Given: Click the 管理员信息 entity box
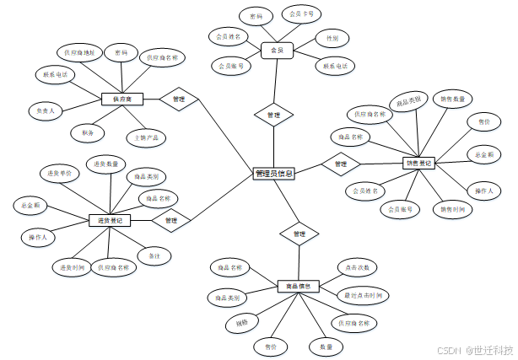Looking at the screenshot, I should point(274,174).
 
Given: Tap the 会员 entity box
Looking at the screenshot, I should point(277,51).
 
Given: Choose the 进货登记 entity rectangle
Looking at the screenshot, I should point(110,220).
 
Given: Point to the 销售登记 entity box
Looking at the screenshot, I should point(419,164).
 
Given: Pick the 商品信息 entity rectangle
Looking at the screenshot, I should point(295,286).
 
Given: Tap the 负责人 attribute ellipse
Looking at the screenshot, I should point(46,110).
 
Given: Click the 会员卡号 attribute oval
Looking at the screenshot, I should point(301,14).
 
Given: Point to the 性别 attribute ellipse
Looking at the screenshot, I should point(332,38).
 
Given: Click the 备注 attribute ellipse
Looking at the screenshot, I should point(154,255).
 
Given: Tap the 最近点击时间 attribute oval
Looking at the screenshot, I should point(363,296).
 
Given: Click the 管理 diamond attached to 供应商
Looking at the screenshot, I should point(178,99).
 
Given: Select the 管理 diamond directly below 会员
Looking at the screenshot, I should point(273,114).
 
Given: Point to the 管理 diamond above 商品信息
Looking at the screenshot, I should point(299,233).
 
